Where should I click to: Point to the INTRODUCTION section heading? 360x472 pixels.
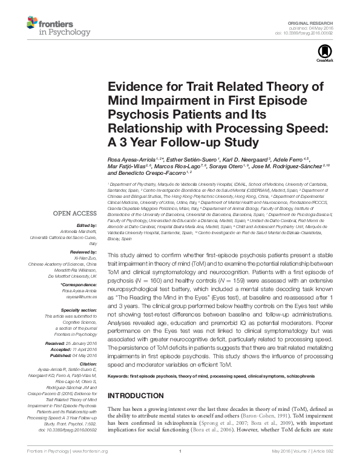tap(138, 395)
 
